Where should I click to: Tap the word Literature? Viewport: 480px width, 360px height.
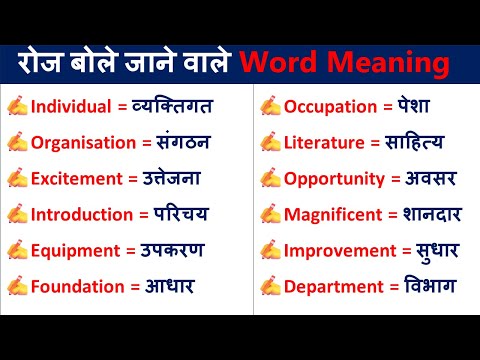point(325,142)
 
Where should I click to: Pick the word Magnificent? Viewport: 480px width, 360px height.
point(333,214)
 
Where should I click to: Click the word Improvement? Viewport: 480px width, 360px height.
point(336,250)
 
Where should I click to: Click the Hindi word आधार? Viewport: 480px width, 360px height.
point(163,286)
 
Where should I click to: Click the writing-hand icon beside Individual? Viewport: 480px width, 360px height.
point(17,106)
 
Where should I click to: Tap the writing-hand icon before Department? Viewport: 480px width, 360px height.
point(270,286)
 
